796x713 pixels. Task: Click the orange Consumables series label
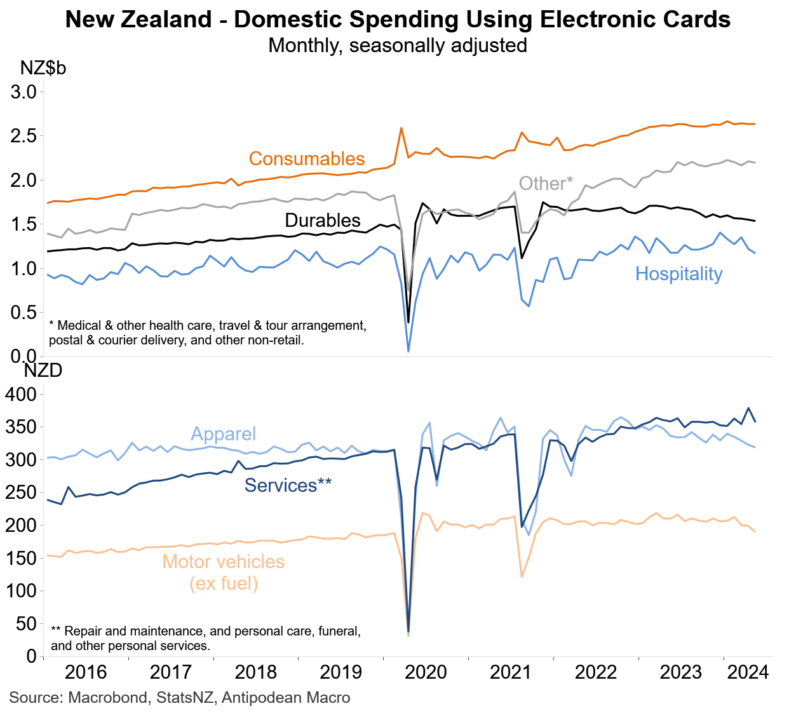[x=307, y=159]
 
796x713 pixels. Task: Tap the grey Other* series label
[x=546, y=184]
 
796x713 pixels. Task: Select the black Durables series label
[x=323, y=221]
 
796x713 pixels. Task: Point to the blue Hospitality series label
[x=678, y=274]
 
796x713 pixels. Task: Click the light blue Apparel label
[x=224, y=434]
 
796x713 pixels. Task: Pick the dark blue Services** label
[x=288, y=486]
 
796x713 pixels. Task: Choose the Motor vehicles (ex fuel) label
[x=224, y=572]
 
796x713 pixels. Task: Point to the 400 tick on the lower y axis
[x=20, y=395]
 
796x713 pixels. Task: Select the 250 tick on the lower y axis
[x=20, y=492]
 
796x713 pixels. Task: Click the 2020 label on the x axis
[x=426, y=672]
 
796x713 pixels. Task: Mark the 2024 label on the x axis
[x=748, y=672]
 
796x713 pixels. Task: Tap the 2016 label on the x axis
[x=86, y=672]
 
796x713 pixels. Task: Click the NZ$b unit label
[x=43, y=68]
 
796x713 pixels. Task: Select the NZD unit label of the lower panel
[x=43, y=370]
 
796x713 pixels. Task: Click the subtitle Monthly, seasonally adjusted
[x=398, y=46]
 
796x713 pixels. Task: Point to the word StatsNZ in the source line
[x=186, y=698]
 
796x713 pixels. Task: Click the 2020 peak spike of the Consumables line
[x=401, y=128]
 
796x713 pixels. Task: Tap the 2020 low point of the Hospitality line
[x=408, y=351]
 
